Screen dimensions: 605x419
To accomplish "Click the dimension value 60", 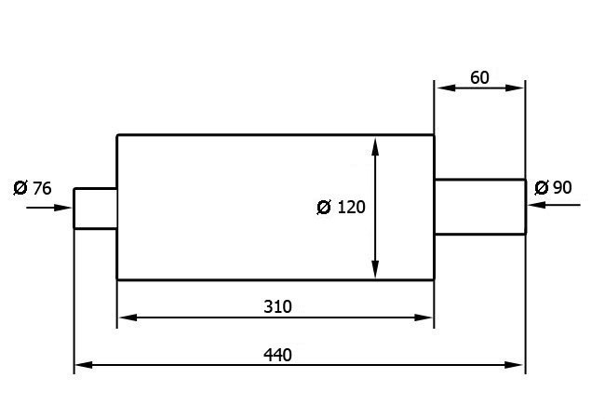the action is pyautogui.click(x=479, y=77).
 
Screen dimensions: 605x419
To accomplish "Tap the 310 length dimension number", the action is pyautogui.click(x=277, y=306).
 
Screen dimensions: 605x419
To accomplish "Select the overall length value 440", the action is pyautogui.click(x=277, y=355).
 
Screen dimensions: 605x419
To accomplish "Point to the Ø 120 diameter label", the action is pyautogui.click(x=341, y=208).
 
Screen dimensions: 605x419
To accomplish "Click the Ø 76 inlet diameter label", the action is pyautogui.click(x=33, y=188).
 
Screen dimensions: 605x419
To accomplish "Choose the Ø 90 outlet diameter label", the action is pyautogui.click(x=553, y=187).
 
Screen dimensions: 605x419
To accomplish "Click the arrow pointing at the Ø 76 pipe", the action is pyautogui.click(x=49, y=208).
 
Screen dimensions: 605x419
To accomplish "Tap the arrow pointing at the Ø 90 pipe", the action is pyautogui.click(x=554, y=205).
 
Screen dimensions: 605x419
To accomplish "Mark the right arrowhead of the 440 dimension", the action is pyautogui.click(x=515, y=365).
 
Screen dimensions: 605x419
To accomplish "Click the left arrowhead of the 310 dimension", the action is pyautogui.click(x=128, y=318).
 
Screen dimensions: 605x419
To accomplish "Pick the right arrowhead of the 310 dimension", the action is pyautogui.click(x=423, y=318).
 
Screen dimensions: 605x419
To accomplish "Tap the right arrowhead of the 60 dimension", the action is pyautogui.click(x=515, y=88).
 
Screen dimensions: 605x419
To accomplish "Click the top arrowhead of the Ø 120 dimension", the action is pyautogui.click(x=375, y=146).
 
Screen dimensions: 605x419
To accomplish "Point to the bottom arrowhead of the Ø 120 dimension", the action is pyautogui.click(x=375, y=269).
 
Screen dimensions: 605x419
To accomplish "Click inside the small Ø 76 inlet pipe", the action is pyautogui.click(x=95, y=209).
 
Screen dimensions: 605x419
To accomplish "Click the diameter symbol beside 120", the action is pyautogui.click(x=324, y=208).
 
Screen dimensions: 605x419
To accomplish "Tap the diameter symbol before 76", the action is pyautogui.click(x=20, y=188).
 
